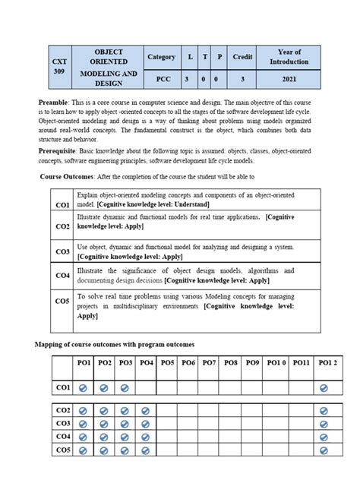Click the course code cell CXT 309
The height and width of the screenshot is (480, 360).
point(59,66)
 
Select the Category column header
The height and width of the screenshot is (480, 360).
point(161,57)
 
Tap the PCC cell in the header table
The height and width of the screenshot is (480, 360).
point(161,78)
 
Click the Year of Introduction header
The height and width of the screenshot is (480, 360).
point(289,57)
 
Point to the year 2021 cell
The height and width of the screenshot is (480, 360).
point(289,78)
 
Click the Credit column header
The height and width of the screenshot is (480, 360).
point(242,57)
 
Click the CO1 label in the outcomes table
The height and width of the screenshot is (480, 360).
point(62,205)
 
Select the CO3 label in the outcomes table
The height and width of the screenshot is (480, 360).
point(62,251)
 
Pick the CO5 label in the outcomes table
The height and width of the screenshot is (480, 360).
point(62,301)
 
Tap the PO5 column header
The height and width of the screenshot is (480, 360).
point(168,364)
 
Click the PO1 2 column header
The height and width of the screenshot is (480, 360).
point(327,364)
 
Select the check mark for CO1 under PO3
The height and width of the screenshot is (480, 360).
point(125,388)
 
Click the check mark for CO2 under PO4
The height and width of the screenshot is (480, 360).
point(146,410)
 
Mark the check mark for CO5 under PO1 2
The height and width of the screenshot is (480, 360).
point(324,450)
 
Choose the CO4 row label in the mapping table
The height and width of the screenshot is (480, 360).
point(62,437)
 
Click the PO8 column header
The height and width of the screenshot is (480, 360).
point(231,364)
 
